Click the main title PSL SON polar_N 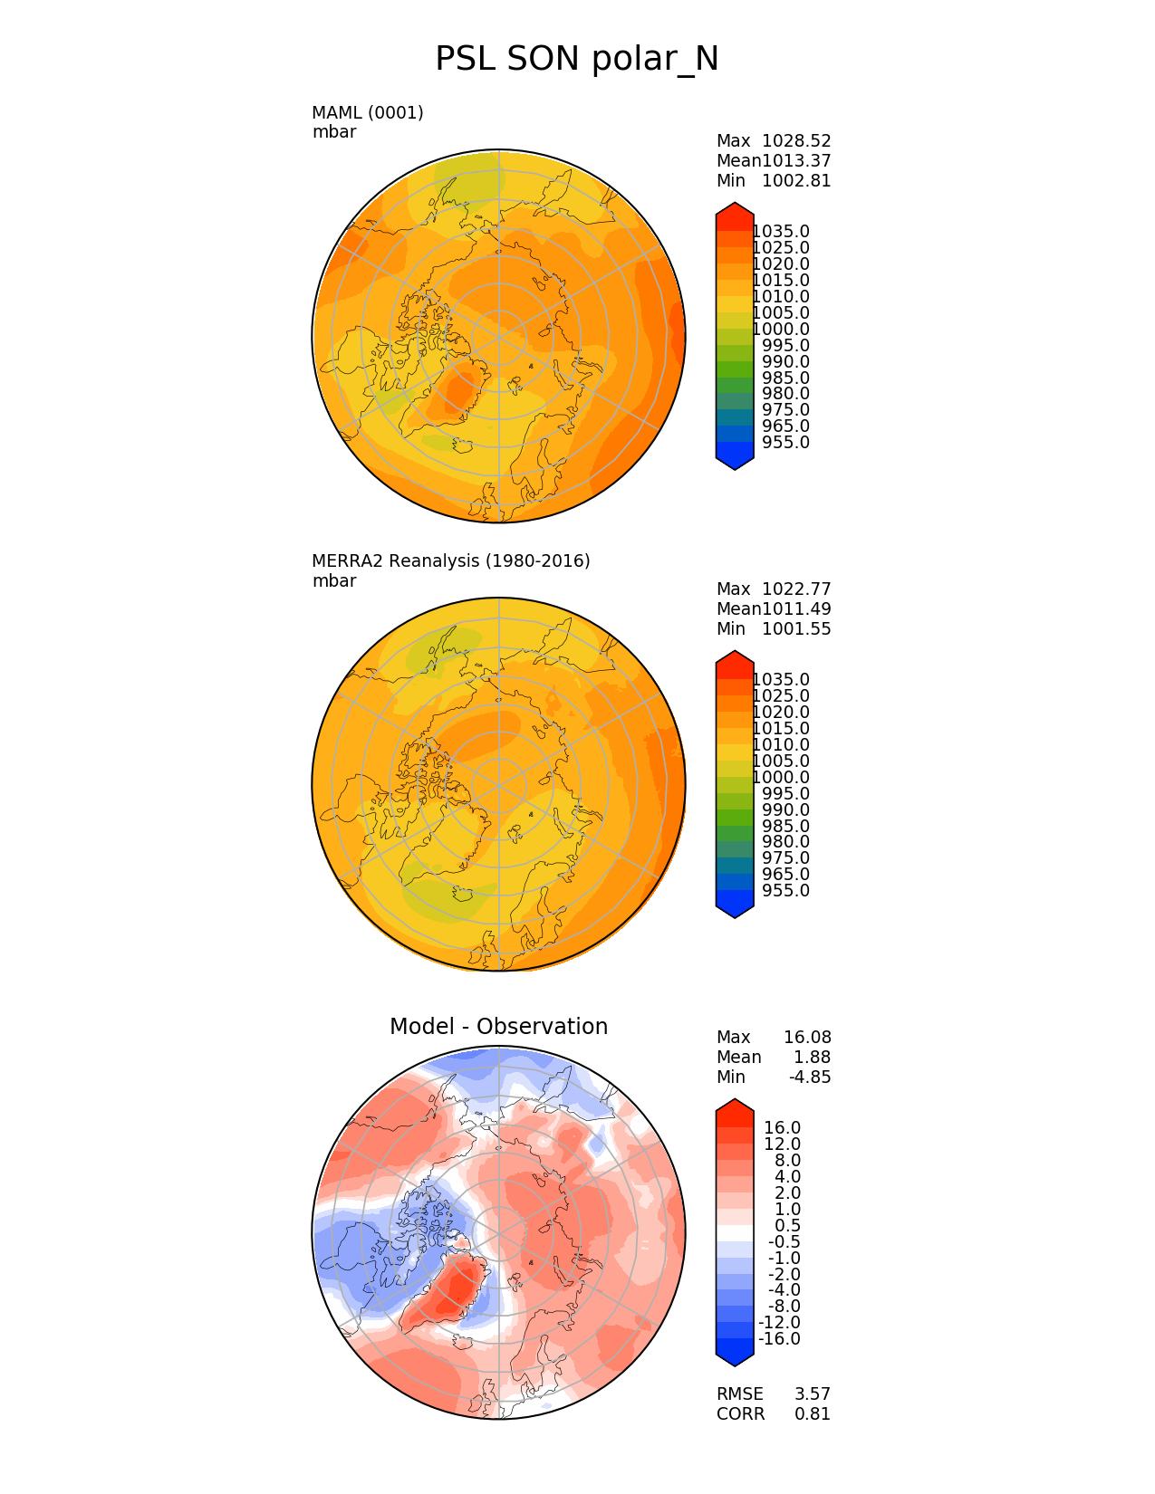[x=577, y=60]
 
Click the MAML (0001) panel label [x=368, y=113]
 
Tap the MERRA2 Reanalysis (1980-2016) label [x=451, y=561]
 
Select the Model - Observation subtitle [x=498, y=1027]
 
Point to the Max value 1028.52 [x=796, y=141]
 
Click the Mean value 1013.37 [x=796, y=161]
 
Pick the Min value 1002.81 [x=796, y=181]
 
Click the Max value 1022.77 [x=796, y=589]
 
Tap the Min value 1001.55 [x=796, y=629]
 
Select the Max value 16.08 [x=807, y=1038]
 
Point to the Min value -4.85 [x=810, y=1077]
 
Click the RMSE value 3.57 [x=813, y=1394]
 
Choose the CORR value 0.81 [x=813, y=1414]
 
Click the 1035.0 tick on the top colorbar [x=781, y=232]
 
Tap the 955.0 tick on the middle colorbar [x=785, y=891]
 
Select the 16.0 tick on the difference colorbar [x=783, y=1128]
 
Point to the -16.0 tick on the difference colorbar [x=779, y=1339]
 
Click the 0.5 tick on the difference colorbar [x=788, y=1226]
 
